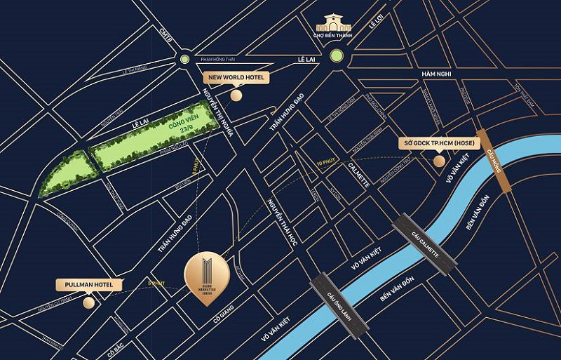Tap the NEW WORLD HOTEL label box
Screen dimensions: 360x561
click(235, 77)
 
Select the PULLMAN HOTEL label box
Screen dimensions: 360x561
click(89, 285)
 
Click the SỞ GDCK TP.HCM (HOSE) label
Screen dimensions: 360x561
click(439, 142)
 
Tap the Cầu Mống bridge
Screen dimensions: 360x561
click(496, 159)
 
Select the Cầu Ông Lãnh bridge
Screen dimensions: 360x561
click(339, 302)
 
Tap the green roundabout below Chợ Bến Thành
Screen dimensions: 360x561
click(338, 56)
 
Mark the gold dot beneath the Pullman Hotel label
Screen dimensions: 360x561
click(88, 302)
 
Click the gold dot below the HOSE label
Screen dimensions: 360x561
click(439, 161)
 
